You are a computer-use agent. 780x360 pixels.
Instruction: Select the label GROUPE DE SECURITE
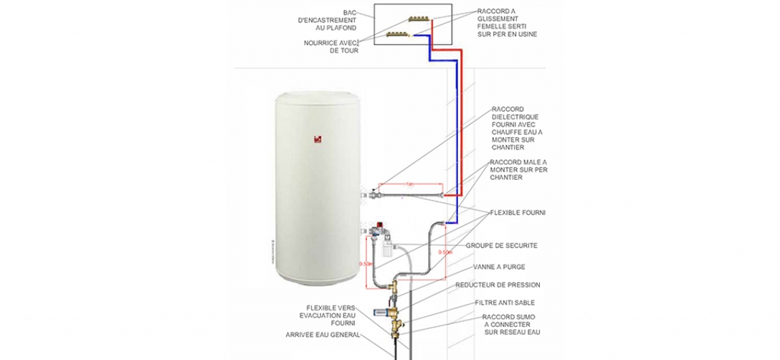pos(502,245)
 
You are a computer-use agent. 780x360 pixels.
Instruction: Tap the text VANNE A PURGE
pos(495,267)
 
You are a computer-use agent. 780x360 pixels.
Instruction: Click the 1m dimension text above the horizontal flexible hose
pos(409,184)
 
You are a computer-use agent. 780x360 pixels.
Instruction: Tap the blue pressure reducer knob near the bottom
pos(379,312)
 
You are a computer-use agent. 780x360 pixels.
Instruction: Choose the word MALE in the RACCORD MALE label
pos(525,163)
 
